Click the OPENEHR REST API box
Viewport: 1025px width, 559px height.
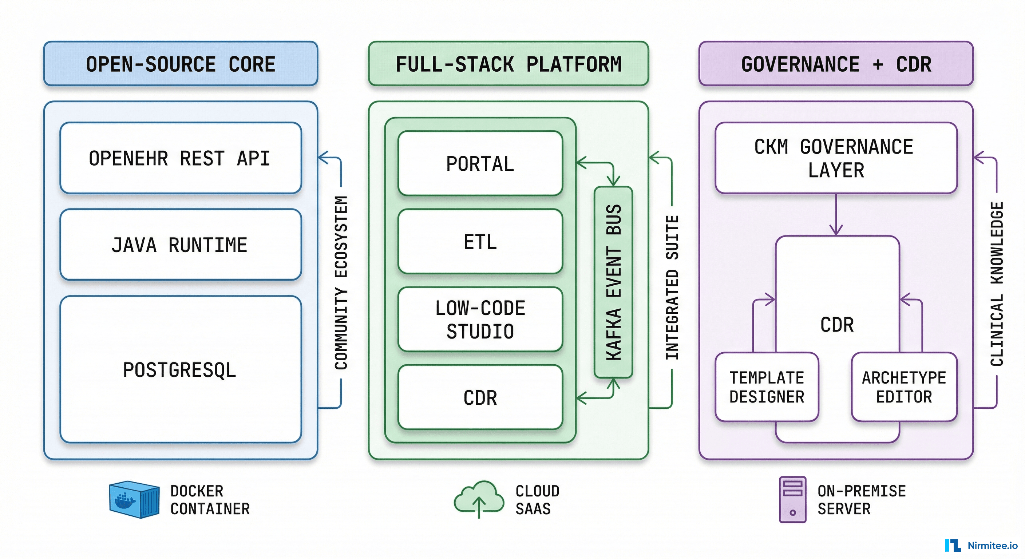[180, 158]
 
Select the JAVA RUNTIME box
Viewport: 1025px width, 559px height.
[180, 245]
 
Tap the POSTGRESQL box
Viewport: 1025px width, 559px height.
[180, 369]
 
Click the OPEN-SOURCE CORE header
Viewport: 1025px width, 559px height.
[181, 64]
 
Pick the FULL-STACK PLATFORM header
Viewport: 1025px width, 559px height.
[508, 64]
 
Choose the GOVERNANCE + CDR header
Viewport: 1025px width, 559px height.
[836, 64]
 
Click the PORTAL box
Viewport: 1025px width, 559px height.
[480, 163]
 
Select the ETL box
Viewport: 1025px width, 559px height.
[480, 242]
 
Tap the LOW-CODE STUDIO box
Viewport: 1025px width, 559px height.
[480, 320]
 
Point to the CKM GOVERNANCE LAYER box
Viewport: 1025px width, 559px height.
[836, 158]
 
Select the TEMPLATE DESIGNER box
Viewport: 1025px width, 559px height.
[766, 387]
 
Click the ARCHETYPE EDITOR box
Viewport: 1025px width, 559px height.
[904, 387]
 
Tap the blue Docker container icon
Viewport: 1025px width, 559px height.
[134, 499]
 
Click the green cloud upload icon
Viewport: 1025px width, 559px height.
[479, 499]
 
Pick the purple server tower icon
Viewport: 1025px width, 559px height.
[792, 499]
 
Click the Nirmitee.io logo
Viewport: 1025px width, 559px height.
[981, 545]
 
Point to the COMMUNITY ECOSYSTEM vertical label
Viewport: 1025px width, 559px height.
[341, 282]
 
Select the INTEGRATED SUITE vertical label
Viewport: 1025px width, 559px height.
[672, 287]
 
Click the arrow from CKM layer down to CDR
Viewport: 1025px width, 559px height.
[836, 215]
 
